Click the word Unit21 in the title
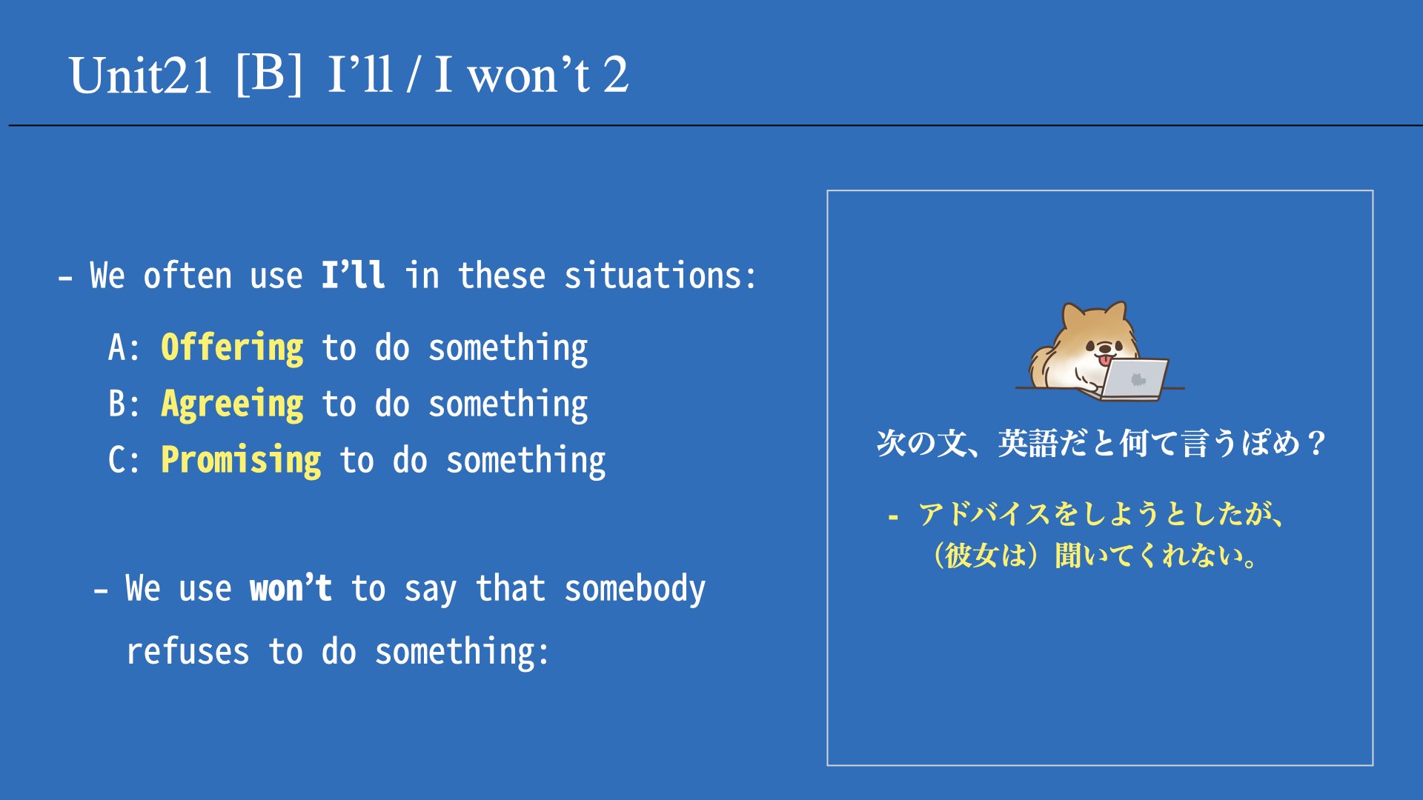click(x=141, y=75)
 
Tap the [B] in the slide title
click(x=269, y=73)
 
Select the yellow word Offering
click(x=232, y=347)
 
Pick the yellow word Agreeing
click(x=232, y=404)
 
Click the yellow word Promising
click(x=241, y=461)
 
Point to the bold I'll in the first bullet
click(x=353, y=275)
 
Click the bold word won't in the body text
click(x=291, y=588)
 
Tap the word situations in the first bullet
click(x=660, y=276)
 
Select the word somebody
click(x=635, y=590)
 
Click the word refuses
click(x=188, y=652)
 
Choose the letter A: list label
click(x=124, y=347)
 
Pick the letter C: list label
click(x=124, y=460)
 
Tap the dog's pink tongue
click(x=1105, y=361)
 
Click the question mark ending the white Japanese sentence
click(x=1316, y=444)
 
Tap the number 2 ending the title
click(x=615, y=75)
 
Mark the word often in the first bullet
click(x=188, y=276)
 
